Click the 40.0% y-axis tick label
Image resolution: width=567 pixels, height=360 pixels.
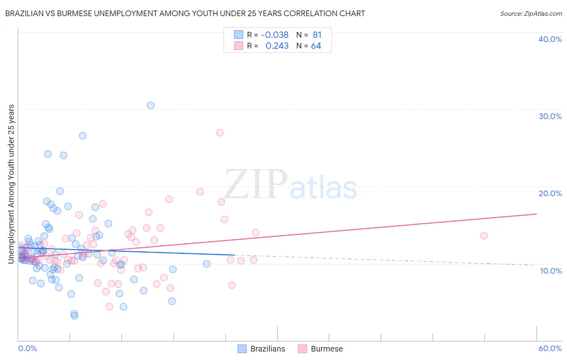pyautogui.click(x=550, y=39)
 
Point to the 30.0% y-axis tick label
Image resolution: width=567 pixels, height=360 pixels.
pyautogui.click(x=550, y=116)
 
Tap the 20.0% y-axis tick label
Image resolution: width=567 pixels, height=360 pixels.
pyautogui.click(x=550, y=193)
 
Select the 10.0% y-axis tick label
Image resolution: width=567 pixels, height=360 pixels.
pyautogui.click(x=550, y=271)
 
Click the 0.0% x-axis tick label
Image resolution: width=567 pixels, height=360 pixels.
pyautogui.click(x=27, y=348)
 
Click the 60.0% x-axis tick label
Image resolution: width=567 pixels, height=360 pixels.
pyautogui.click(x=550, y=348)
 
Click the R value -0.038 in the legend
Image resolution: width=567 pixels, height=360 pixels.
pyautogui.click(x=275, y=35)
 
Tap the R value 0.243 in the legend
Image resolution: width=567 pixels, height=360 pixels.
pyautogui.click(x=277, y=46)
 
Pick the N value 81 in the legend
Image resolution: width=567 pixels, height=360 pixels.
pyautogui.click(x=317, y=35)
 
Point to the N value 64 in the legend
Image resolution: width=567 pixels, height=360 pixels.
pyautogui.click(x=316, y=46)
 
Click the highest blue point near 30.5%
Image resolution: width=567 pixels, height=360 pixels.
pyautogui.click(x=150, y=105)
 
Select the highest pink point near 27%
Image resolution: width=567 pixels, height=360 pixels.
pyautogui.click(x=219, y=133)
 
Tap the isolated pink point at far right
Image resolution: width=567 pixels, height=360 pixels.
pyautogui.click(x=484, y=236)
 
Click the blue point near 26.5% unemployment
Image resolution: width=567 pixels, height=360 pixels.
pyautogui.click(x=82, y=136)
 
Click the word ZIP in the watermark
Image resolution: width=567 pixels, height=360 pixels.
pyautogui.click(x=256, y=185)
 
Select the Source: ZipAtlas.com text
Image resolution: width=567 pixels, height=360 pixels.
pyautogui.click(x=531, y=14)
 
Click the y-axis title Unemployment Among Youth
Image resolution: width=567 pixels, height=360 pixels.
pyautogui.click(x=11, y=184)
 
